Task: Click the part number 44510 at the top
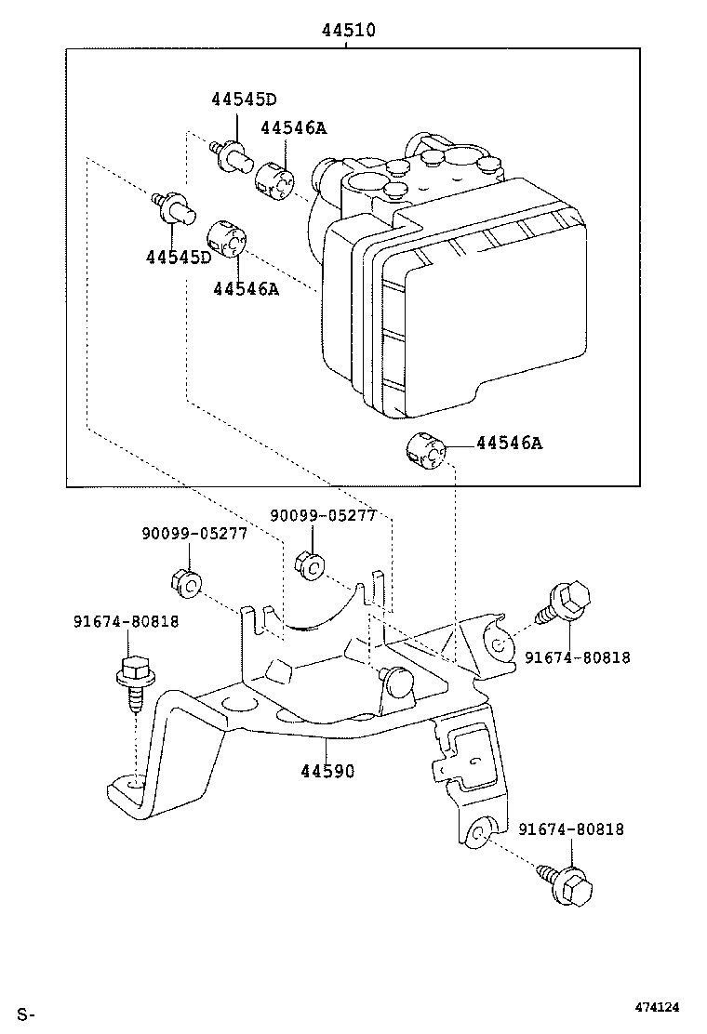(x=349, y=30)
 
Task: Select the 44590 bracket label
(x=327, y=771)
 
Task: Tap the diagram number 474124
(x=657, y=1007)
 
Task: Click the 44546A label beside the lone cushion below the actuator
(x=508, y=444)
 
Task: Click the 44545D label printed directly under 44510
(x=244, y=99)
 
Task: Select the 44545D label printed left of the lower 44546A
(x=178, y=257)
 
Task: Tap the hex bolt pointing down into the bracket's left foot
(x=133, y=681)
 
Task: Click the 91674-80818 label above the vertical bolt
(x=127, y=621)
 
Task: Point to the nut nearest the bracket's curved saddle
(x=309, y=563)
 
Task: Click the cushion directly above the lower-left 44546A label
(x=226, y=237)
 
